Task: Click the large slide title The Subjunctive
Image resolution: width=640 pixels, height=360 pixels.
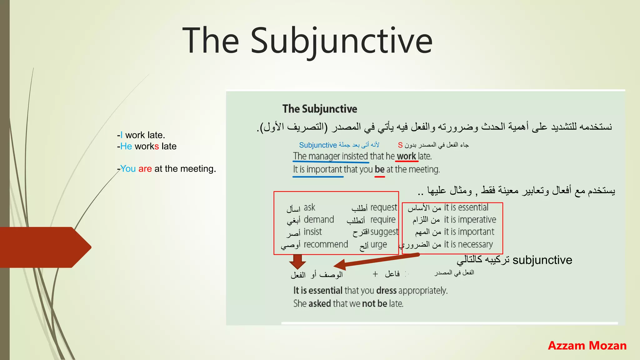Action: click(x=307, y=41)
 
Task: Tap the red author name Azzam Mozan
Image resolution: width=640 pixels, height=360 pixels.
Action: click(x=587, y=346)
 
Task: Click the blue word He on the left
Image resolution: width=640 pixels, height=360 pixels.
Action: click(x=126, y=146)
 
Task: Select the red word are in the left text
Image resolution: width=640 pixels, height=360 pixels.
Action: click(x=145, y=169)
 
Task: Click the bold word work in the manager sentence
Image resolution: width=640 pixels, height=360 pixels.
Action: click(x=406, y=156)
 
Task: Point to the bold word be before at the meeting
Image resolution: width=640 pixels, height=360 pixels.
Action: click(x=379, y=169)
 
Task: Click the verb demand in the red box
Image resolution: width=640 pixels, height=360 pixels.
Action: click(x=319, y=220)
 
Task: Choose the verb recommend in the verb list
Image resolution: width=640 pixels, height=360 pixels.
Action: click(x=326, y=244)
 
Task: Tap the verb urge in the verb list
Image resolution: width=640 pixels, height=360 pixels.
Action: click(x=379, y=245)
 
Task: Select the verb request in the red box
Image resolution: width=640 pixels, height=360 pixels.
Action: click(x=384, y=207)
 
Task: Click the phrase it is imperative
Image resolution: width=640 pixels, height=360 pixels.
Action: click(x=470, y=220)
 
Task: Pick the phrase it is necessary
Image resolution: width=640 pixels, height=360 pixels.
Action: click(x=468, y=244)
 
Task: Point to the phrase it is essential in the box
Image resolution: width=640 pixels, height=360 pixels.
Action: click(x=466, y=207)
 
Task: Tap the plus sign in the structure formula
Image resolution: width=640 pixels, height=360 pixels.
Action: click(x=375, y=274)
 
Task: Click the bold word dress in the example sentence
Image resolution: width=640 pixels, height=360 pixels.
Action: click(x=387, y=291)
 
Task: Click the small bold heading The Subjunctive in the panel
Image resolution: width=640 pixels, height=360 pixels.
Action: click(x=320, y=109)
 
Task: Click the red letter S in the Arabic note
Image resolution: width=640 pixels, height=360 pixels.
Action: click(x=400, y=145)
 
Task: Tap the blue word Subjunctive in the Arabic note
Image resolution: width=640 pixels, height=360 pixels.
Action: click(x=318, y=145)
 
